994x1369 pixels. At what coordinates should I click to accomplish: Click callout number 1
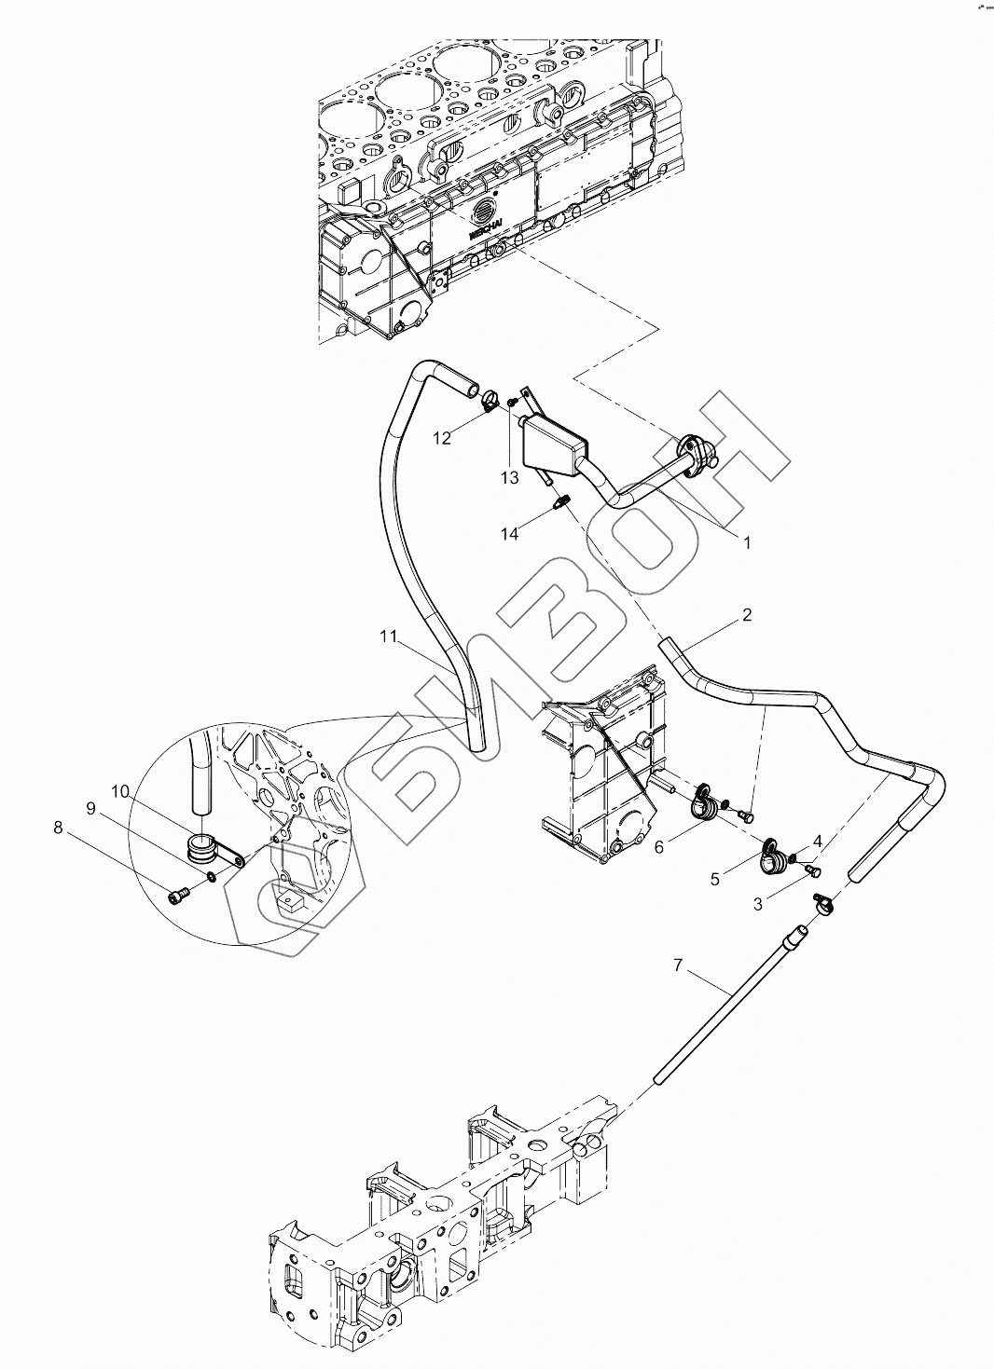point(746,540)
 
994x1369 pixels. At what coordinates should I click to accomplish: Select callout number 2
point(747,615)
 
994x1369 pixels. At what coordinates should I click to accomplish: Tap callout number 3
point(758,904)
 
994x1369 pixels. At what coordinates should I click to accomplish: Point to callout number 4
point(817,841)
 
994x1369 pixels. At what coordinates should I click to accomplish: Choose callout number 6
point(659,846)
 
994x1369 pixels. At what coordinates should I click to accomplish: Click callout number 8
point(59,827)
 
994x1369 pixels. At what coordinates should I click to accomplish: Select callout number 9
point(90,809)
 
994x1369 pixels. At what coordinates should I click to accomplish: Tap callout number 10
point(120,791)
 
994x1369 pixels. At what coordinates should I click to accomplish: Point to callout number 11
point(389,637)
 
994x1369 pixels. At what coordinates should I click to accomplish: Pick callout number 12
point(441,438)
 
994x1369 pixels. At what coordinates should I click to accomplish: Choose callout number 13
point(508,478)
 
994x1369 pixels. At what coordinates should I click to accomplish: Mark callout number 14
point(509,534)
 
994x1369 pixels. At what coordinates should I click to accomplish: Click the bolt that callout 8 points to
point(178,895)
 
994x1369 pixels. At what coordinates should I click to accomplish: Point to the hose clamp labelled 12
point(489,403)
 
